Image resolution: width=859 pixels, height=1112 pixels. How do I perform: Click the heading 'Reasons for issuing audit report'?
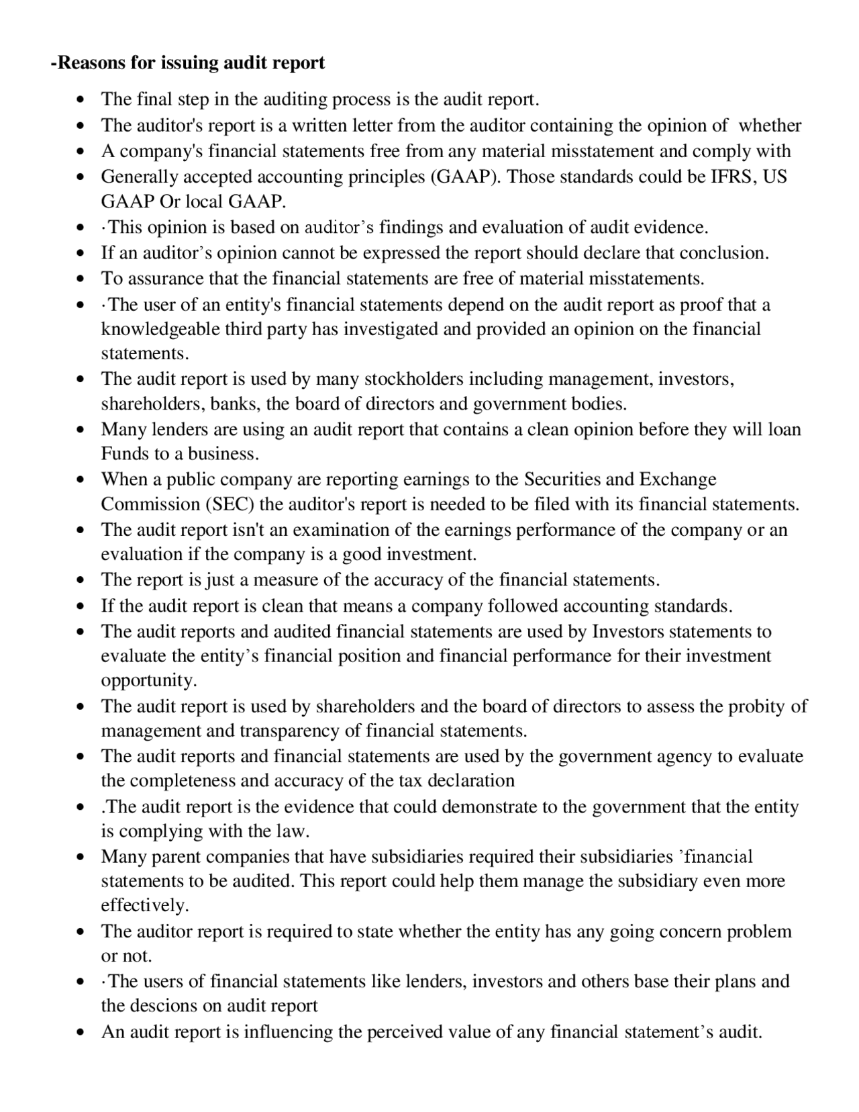point(189,62)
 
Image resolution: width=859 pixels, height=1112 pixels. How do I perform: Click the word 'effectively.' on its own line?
point(145,905)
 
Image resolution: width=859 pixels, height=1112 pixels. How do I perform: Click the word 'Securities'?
point(562,479)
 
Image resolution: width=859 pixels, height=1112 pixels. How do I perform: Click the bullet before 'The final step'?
point(81,100)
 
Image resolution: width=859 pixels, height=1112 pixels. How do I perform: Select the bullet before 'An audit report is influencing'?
point(81,1032)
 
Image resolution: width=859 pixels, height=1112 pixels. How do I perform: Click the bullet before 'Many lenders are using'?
point(81,430)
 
